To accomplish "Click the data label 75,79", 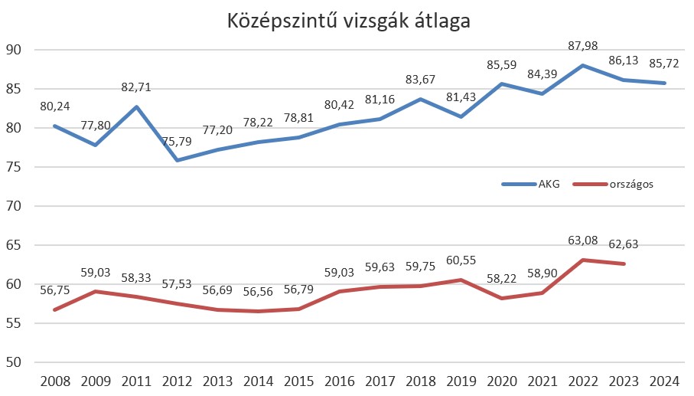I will click(x=176, y=142).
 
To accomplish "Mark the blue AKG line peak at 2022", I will click(x=583, y=65).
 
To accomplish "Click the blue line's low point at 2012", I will click(x=178, y=160).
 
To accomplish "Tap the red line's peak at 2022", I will click(x=583, y=260).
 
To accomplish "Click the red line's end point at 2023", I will click(x=624, y=263).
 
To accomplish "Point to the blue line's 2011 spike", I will click(x=137, y=106).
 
